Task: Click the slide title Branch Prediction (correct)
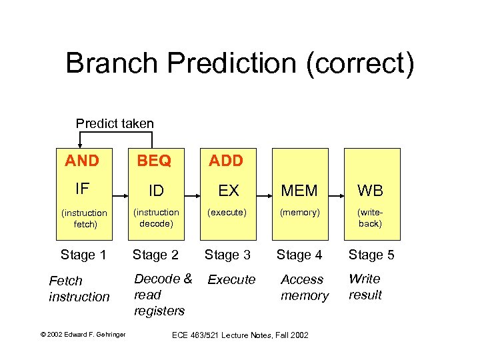point(240,63)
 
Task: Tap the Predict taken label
point(115,123)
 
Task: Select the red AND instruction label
point(82,161)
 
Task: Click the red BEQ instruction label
point(154,161)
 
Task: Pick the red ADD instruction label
point(226,161)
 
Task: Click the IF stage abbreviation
point(82,189)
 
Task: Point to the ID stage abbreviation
point(156,191)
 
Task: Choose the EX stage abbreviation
point(229,191)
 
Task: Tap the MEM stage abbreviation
point(299,191)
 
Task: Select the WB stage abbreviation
point(370,191)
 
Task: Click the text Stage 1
point(83,255)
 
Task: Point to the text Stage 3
point(227,255)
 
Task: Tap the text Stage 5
point(371,255)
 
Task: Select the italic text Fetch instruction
point(79,289)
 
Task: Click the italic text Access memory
point(304,287)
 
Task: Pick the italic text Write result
point(365,287)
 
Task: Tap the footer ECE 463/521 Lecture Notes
point(239,335)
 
